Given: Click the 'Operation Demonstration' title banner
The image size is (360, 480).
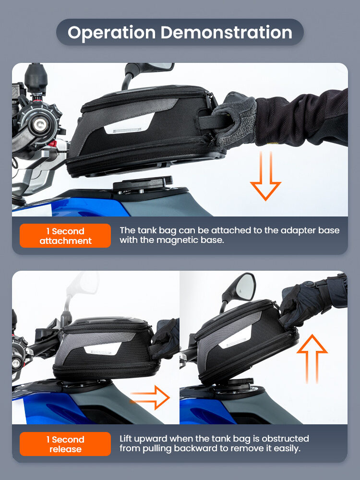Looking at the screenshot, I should tap(180, 32).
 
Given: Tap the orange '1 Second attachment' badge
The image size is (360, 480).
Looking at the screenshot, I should tap(65, 236).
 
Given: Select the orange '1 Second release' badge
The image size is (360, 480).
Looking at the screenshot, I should tap(65, 444).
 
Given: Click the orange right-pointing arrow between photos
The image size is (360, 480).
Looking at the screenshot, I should tap(150, 397).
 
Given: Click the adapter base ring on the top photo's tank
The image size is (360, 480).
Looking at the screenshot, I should tap(142, 185).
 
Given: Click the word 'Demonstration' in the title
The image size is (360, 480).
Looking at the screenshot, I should tap(226, 32).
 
